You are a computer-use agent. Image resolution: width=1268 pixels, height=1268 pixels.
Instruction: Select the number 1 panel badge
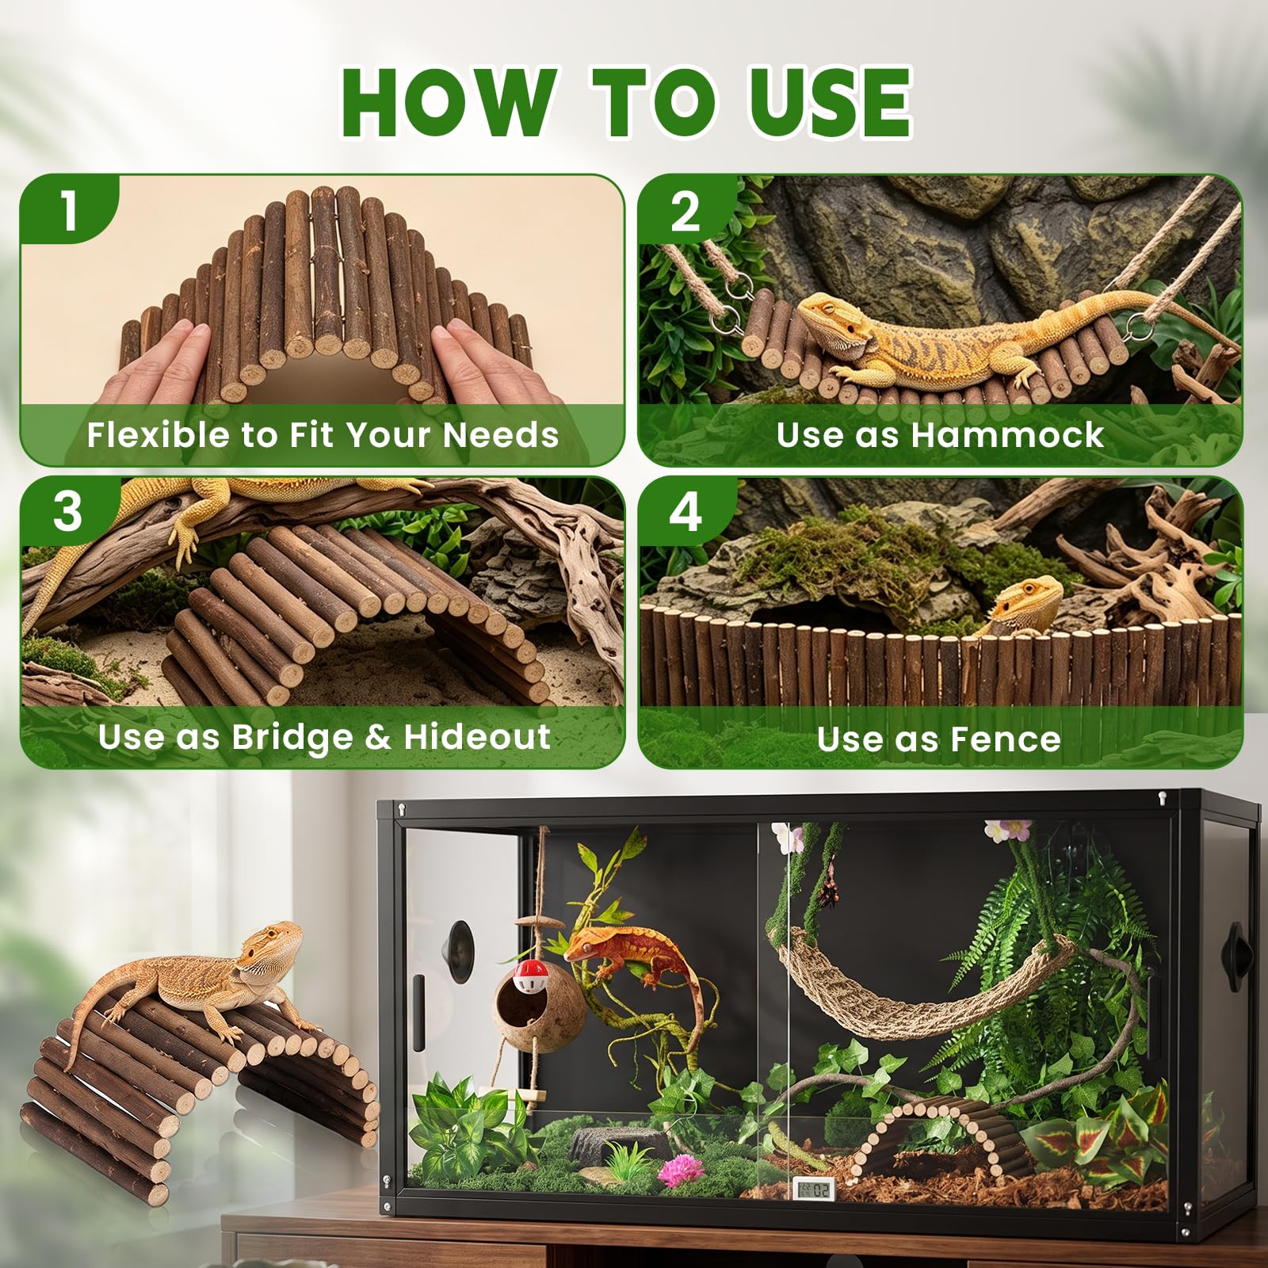(70, 210)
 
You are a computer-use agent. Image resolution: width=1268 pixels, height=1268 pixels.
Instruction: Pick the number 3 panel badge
(68, 512)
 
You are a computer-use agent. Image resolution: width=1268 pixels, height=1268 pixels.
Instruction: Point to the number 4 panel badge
(686, 512)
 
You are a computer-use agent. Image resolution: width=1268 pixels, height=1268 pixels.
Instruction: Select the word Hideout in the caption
(477, 736)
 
